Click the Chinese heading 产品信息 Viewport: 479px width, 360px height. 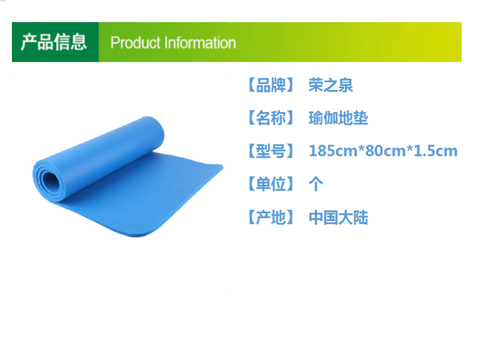tap(54, 42)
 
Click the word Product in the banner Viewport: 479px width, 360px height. tap(135, 43)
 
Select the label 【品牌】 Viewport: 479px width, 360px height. tap(271, 85)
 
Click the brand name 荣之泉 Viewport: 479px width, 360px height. tap(331, 85)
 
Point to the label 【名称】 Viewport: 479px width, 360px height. tap(271, 118)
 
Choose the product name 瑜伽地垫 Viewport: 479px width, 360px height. tap(338, 118)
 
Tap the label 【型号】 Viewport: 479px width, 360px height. tap(271, 151)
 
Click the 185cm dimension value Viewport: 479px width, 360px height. tap(333, 151)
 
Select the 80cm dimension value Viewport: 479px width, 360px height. tap(385, 151)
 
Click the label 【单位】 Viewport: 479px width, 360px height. tap(271, 184)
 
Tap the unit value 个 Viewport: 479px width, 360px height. tap(316, 184)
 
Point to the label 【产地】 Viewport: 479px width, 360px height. tap(271, 217)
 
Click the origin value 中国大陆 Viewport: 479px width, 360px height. tap(338, 217)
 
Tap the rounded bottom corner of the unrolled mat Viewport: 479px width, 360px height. tap(137, 234)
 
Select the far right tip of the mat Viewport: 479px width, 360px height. tap(222, 167)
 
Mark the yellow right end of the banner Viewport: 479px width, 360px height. tap(452, 42)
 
